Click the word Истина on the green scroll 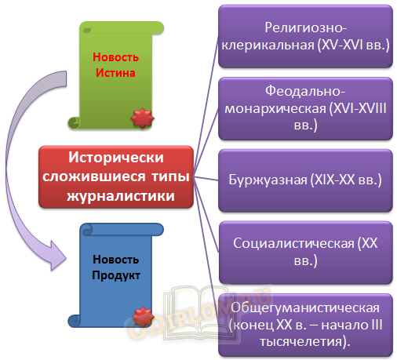pyautogui.click(x=115, y=73)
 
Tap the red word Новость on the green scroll pyautogui.click(x=115, y=57)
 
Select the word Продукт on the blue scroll pyautogui.click(x=116, y=275)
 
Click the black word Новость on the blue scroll pyautogui.click(x=115, y=260)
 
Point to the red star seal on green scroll pyautogui.click(x=142, y=118)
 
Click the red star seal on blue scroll pyautogui.click(x=143, y=317)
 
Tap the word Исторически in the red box pyautogui.click(x=116, y=158)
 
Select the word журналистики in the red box pyautogui.click(x=121, y=196)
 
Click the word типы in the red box pyautogui.click(x=170, y=176)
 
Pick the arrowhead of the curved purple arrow pyautogui.click(x=57, y=256)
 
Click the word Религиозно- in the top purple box pyautogui.click(x=305, y=27)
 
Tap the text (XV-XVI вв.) pyautogui.click(x=353, y=45)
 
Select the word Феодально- pyautogui.click(x=305, y=91)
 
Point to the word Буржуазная pyautogui.click(x=268, y=180)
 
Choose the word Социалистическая pyautogui.click(x=293, y=243)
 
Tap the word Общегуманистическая pyautogui.click(x=305, y=308)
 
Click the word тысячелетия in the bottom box pyautogui.click(x=301, y=342)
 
